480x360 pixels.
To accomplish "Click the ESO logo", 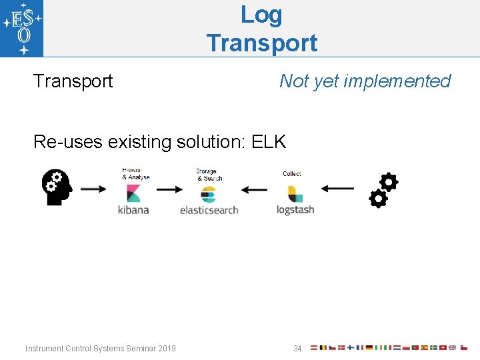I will click(22, 28).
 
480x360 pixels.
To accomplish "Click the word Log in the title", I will click(261, 14).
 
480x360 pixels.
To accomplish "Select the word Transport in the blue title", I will click(261, 43).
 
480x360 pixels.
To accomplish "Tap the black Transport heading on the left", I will click(73, 81).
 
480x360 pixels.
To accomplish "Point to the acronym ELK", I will click(269, 141).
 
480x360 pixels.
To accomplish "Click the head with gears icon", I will click(57, 187).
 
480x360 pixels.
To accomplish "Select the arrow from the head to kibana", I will click(93, 189).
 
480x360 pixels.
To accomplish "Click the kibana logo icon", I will click(133, 193).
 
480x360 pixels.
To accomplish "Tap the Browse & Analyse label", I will click(136, 175).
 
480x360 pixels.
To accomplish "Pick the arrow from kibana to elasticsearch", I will click(169, 189).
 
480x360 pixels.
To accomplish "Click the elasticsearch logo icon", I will click(208, 194).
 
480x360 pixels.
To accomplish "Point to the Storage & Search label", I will click(209, 175).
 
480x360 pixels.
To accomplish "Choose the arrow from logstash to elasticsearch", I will click(253, 189).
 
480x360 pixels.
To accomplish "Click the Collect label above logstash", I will click(292, 174).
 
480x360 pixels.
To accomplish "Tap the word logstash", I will click(295, 210).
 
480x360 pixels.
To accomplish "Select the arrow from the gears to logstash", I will click(337, 189).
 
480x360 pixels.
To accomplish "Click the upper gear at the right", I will click(388, 182).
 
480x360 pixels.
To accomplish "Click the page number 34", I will click(297, 348).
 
